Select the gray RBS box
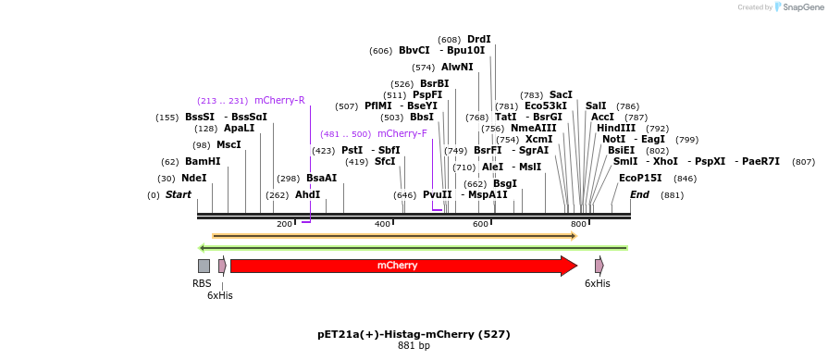204,266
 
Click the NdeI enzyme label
194,179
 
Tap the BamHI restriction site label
203,161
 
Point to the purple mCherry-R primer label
279,100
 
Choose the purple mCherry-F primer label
402,133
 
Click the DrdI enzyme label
478,39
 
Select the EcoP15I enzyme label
640,178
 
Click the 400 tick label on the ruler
382,224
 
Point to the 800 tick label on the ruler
578,224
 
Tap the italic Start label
178,195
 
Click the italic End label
639,195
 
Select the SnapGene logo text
797,7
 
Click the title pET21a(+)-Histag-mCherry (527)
414,334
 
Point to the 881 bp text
414,345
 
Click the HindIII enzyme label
615,129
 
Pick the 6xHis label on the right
597,283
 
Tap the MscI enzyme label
229,144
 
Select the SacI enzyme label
561,94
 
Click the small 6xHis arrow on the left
222,266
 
